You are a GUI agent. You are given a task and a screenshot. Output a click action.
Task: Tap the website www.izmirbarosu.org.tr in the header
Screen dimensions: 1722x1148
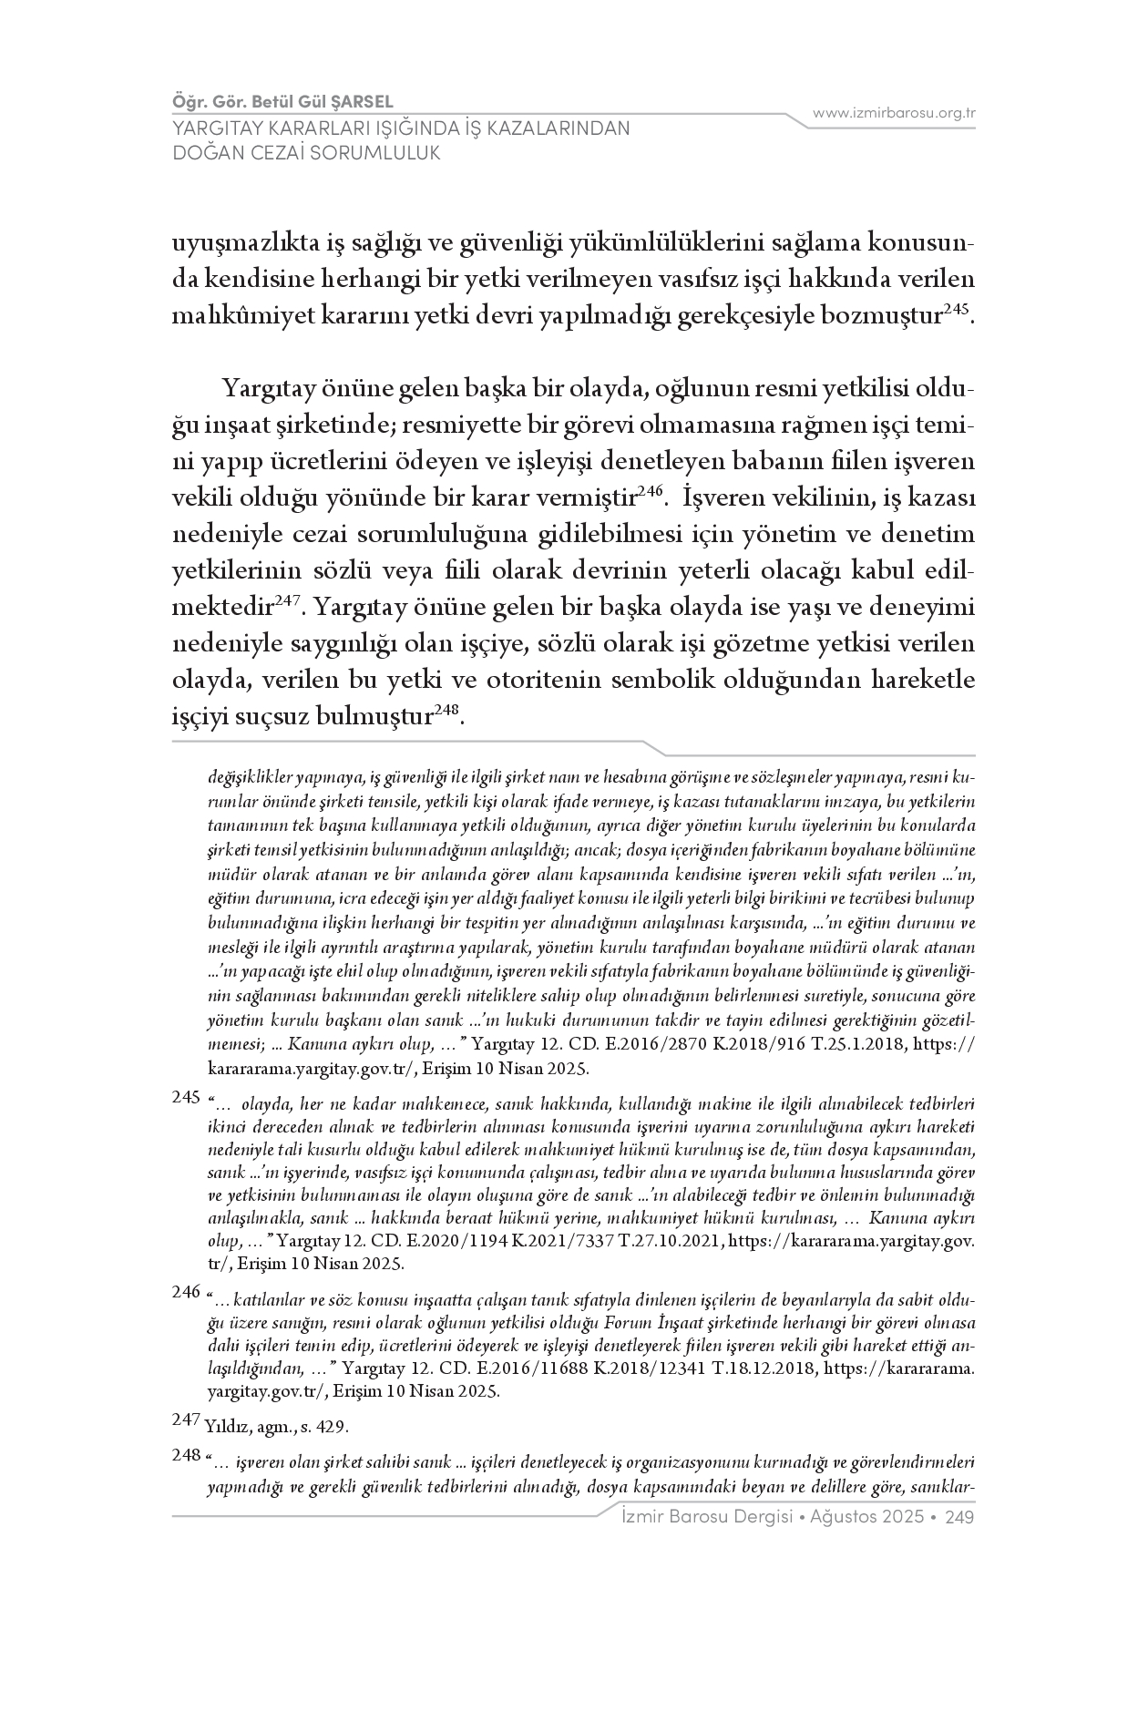pos(894,113)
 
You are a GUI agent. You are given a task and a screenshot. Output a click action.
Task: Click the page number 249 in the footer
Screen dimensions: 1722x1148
pos(960,1517)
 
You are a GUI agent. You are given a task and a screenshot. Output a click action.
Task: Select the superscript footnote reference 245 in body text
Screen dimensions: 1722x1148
pos(955,310)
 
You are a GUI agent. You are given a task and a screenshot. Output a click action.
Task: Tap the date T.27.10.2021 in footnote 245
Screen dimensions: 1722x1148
pos(674,1240)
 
